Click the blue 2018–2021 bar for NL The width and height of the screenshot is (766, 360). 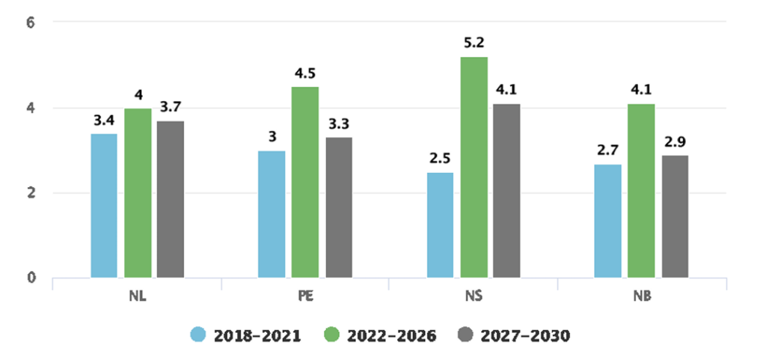click(104, 206)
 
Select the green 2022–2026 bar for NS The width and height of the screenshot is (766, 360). click(474, 167)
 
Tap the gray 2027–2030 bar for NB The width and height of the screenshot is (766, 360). click(675, 216)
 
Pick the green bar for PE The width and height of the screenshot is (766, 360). click(305, 182)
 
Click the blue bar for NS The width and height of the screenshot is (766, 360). click(440, 225)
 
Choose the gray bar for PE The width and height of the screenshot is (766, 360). click(339, 207)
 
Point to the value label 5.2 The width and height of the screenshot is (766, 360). click(474, 43)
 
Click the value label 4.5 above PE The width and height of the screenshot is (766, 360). click(305, 73)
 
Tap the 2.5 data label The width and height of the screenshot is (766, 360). click(440, 159)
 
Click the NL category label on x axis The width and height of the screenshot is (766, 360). click(137, 296)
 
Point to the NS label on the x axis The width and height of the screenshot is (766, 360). click(473, 296)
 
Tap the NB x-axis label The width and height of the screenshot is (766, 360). click(641, 296)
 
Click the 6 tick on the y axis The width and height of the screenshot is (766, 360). click(32, 22)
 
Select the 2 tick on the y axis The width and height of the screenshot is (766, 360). click(32, 192)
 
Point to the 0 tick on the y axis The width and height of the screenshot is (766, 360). click(32, 278)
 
